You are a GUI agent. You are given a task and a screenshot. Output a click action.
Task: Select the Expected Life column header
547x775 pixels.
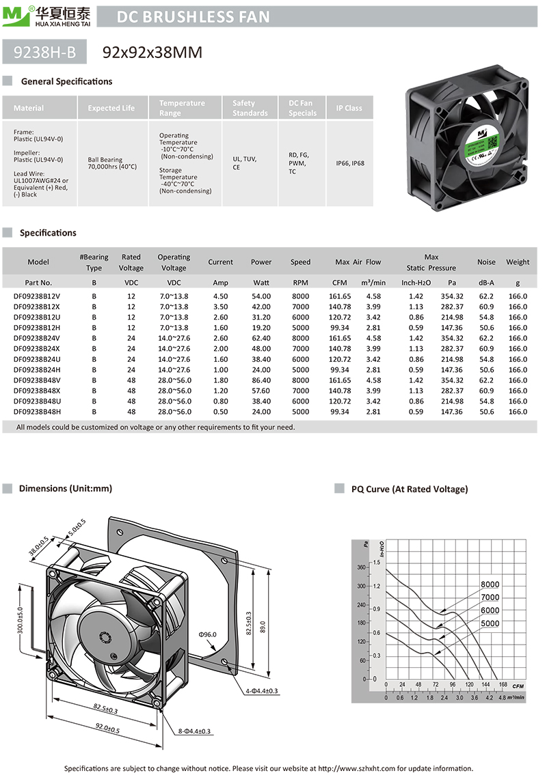pos(111,108)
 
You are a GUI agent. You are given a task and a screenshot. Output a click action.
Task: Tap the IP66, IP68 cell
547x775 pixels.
pos(349,163)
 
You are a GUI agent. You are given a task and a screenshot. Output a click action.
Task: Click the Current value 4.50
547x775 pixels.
pos(220,296)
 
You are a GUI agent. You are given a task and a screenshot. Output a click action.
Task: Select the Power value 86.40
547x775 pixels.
pos(261,380)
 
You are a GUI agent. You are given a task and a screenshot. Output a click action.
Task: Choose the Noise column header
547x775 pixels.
pos(486,262)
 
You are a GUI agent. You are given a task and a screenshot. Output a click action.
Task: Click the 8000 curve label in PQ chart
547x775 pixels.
pos(490,584)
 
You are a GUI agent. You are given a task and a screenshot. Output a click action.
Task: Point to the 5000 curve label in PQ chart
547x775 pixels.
pos(490,623)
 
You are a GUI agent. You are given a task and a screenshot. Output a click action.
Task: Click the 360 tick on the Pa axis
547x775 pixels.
pos(362,567)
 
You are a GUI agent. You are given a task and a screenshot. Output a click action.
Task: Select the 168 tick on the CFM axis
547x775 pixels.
pos(503,684)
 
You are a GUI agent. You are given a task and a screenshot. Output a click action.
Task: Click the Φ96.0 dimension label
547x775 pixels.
pos(207,635)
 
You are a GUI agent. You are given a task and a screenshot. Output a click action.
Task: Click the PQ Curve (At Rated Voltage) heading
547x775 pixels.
pos(410,489)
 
